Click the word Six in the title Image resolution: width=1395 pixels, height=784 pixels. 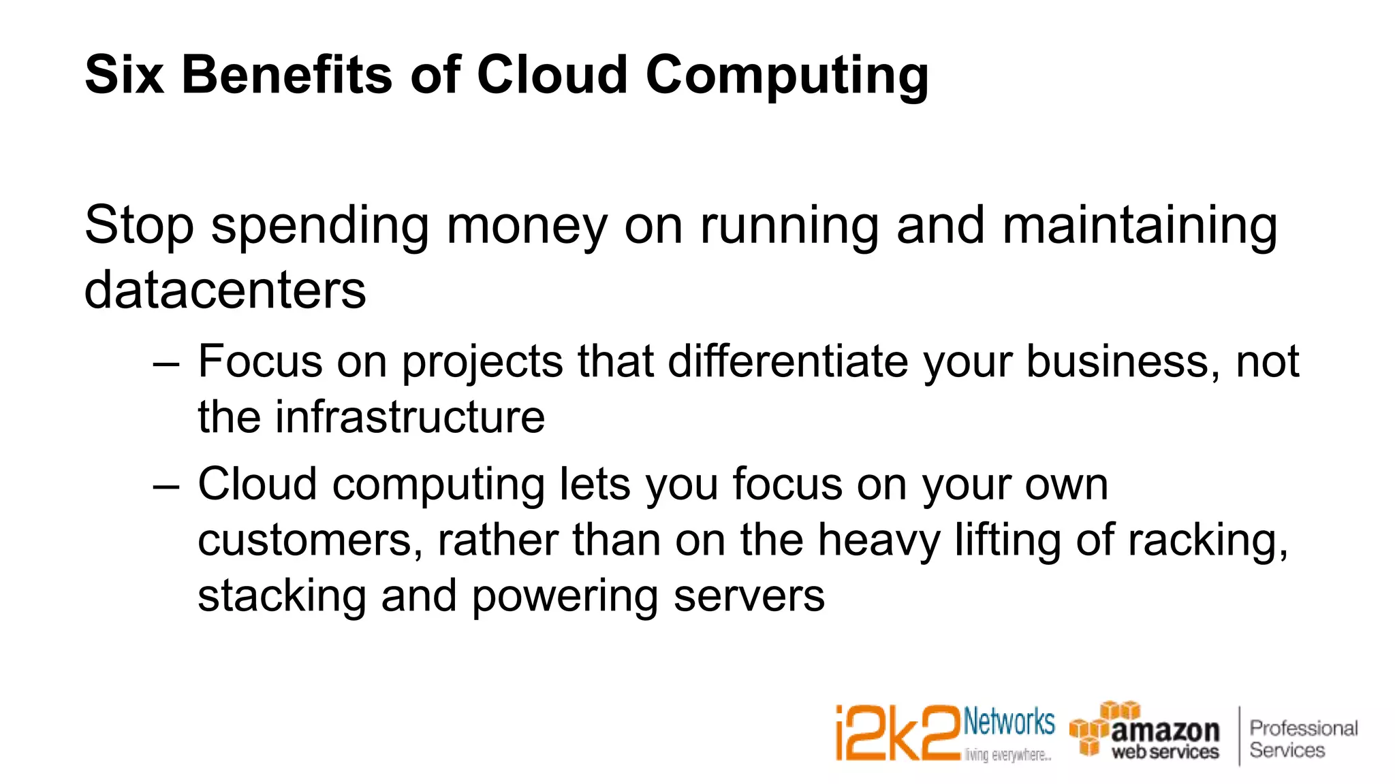(124, 75)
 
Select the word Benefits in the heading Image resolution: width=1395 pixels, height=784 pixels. (287, 75)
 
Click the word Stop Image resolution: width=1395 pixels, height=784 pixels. (139, 227)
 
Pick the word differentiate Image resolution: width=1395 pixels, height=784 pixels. (788, 361)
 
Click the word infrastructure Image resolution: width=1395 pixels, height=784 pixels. (409, 417)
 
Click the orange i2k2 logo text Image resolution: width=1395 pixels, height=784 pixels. (897, 734)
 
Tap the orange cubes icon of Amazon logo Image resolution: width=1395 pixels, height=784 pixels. (1098, 728)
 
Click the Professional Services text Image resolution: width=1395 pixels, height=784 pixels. (1302, 739)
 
